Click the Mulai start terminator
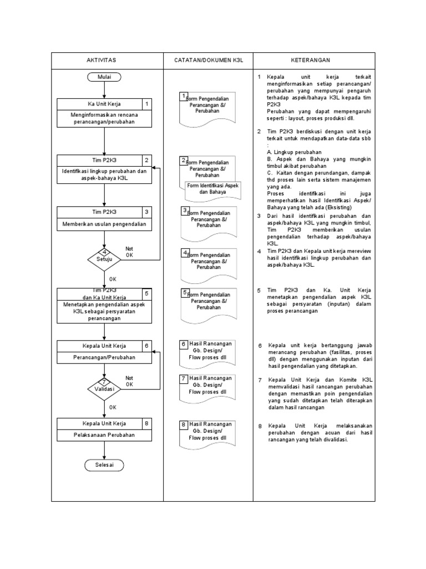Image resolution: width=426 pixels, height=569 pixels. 104,77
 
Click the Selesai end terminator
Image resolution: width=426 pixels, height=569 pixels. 104,465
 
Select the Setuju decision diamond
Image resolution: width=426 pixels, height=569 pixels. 104,258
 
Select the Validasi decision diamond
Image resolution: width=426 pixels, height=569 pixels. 104,388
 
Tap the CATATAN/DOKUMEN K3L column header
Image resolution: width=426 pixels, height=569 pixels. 208,59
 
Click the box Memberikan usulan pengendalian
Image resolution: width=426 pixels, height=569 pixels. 104,224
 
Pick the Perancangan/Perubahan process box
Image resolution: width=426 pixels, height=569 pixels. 104,358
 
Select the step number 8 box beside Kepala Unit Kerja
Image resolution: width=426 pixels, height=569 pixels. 146,423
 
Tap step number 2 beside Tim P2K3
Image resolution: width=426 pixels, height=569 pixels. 146,161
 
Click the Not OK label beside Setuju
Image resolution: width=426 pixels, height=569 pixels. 129,252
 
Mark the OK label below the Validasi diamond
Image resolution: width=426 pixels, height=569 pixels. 113,407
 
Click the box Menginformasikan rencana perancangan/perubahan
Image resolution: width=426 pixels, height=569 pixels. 104,118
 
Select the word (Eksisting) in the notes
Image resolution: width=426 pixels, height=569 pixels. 336,207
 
